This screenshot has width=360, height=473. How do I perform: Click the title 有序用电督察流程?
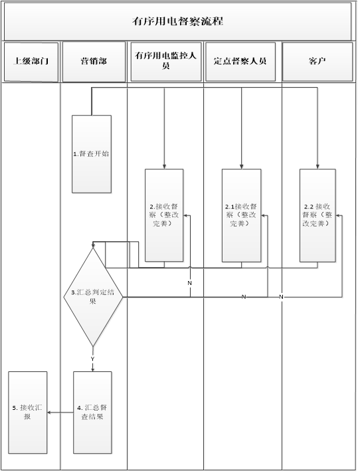pyautogui.click(x=177, y=21)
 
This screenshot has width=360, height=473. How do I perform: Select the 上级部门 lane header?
pyautogui.click(x=31, y=62)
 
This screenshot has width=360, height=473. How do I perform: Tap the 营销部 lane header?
pyautogui.click(x=94, y=62)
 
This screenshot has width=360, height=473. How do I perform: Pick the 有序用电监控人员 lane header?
pyautogui.click(x=166, y=62)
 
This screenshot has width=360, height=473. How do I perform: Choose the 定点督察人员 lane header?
pyautogui.click(x=240, y=62)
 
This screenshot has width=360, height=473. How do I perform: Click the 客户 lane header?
pyautogui.click(x=317, y=62)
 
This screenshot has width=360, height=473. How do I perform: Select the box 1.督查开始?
pyautogui.click(x=92, y=154)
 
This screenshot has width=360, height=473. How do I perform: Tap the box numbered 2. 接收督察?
pyautogui.click(x=164, y=215)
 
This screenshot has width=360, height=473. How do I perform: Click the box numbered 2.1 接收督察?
pyautogui.click(x=242, y=215)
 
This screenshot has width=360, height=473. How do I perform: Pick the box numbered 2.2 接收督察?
pyautogui.click(x=317, y=215)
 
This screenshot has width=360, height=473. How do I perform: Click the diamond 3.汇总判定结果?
pyautogui.click(x=93, y=297)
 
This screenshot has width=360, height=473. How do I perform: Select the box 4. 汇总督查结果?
pyautogui.click(x=92, y=413)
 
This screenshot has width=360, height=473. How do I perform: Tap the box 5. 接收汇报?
pyautogui.click(x=28, y=413)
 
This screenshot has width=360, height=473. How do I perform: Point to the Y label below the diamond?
pyautogui.click(x=92, y=359)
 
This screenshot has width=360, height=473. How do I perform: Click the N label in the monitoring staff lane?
pyautogui.click(x=190, y=283)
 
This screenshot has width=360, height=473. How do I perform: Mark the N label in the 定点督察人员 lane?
pyautogui.click(x=244, y=297)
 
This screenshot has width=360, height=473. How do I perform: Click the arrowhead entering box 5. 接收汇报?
pyautogui.click(x=49, y=413)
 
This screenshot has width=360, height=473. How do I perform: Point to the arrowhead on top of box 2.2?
pyautogui.click(x=317, y=167)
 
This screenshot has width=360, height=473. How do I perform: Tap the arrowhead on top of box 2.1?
pyautogui.click(x=242, y=167)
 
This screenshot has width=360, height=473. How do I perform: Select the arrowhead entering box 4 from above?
pyautogui.click(x=92, y=369)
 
